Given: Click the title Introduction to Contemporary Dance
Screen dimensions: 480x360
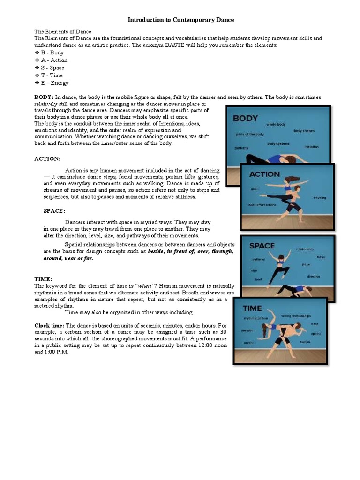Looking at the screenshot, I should tap(180, 20).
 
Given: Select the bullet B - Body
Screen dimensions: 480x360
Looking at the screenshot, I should tap(52, 52).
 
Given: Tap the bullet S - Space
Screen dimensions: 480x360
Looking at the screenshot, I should tap(52, 67).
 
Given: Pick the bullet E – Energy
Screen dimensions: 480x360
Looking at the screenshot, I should tap(54, 82).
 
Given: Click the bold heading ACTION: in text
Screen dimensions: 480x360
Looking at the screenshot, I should tap(47, 159).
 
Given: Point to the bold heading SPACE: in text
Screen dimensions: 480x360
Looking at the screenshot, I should tap(54, 211).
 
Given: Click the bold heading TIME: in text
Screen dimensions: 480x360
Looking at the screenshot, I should tap(44, 278).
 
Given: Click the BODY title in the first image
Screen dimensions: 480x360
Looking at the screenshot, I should tap(246, 118).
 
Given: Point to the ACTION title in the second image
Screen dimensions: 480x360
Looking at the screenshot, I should tap(264, 174).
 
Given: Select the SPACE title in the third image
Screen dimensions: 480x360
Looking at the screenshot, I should tap(262, 245).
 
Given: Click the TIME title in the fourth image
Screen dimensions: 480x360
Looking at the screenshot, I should tap(252, 308).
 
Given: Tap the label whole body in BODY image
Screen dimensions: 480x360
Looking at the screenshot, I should tap(276, 124).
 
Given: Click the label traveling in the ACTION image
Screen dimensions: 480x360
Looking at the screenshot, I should tap(320, 197).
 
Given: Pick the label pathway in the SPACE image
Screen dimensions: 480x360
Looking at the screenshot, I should tap(259, 259).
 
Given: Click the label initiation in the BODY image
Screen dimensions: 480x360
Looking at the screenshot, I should tap(311, 147).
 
